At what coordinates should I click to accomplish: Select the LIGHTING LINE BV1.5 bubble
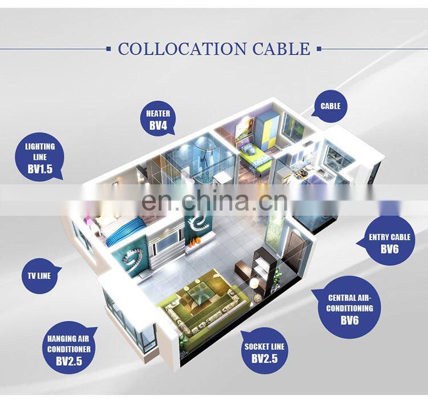[x=39, y=155]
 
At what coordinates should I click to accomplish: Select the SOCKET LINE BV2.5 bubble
[x=264, y=353]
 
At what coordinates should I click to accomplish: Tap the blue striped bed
[x=124, y=229]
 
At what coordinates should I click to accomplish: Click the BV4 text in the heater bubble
[x=158, y=124]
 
